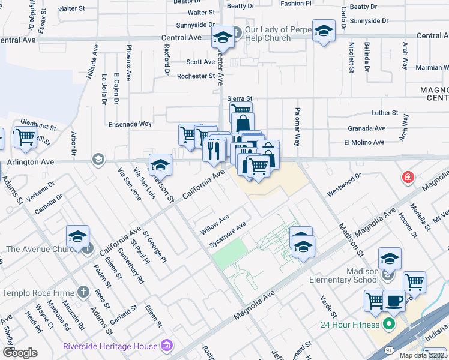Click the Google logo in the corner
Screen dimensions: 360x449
coord(20,352)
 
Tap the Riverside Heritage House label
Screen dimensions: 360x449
coord(110,346)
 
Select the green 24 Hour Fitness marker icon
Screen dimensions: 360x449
coord(389,325)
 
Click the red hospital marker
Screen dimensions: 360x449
coord(408,178)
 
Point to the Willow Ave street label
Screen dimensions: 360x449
coord(215,226)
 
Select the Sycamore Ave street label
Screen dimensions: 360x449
coord(228,235)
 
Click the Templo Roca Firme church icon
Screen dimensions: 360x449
coord(83,292)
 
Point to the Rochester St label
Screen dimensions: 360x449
coord(196,76)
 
